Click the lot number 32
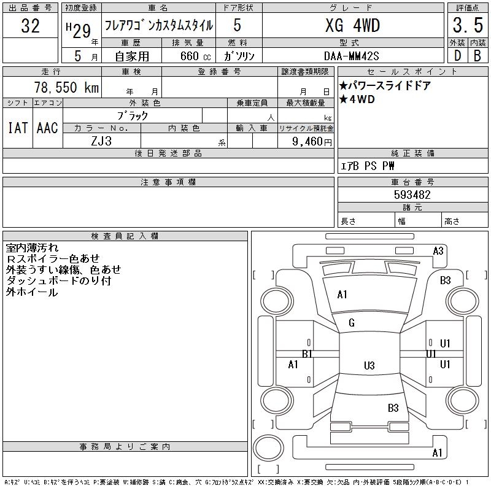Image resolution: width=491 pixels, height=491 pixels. (x=30, y=26)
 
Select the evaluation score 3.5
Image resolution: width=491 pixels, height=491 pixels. (x=466, y=26)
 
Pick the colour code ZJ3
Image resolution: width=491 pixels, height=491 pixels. (x=102, y=141)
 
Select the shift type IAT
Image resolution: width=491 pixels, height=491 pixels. (x=17, y=128)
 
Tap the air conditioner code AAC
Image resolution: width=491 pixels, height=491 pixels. (x=47, y=128)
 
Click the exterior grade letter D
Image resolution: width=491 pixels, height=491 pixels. (x=457, y=55)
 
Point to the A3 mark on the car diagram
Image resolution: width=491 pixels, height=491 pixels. (x=438, y=250)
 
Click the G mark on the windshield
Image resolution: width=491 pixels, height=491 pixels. (x=352, y=323)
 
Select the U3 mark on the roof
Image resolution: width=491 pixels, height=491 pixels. (x=369, y=366)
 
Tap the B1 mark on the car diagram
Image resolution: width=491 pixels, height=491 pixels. (x=307, y=354)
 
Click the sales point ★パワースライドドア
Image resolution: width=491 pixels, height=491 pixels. (x=385, y=86)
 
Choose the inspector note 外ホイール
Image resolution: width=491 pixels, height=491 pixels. (x=32, y=292)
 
